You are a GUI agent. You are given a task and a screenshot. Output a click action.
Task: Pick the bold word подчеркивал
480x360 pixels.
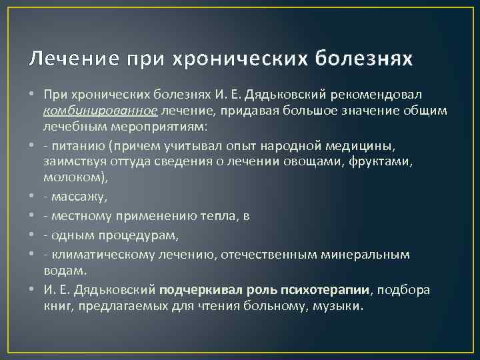[197, 289]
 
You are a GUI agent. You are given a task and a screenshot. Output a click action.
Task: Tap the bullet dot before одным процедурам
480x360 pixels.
[33, 235]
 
